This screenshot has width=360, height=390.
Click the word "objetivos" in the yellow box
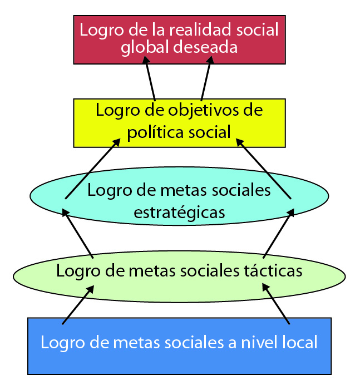point(205,110)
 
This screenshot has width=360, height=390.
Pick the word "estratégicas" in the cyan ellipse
point(179,212)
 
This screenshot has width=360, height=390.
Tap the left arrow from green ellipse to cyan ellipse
point(77,233)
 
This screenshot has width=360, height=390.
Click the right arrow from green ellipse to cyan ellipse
point(279,233)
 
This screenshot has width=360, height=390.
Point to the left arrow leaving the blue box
point(77,304)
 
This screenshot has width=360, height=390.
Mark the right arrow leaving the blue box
point(277,304)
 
